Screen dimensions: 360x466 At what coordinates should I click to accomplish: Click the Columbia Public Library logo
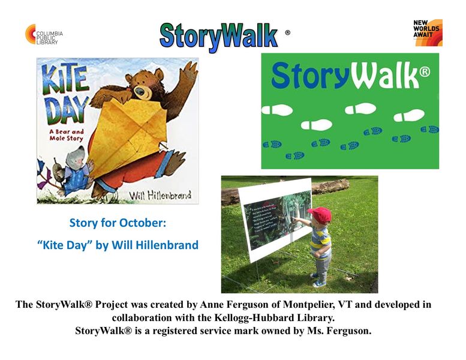(44, 34)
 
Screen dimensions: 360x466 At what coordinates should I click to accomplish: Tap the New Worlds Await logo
(428, 32)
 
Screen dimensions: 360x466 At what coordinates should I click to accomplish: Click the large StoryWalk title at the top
(219, 36)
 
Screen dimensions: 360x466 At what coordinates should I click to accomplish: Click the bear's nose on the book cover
(140, 92)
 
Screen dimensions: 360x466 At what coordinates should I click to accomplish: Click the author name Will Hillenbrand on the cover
(161, 196)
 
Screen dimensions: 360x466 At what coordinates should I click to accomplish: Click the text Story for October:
(118, 223)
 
